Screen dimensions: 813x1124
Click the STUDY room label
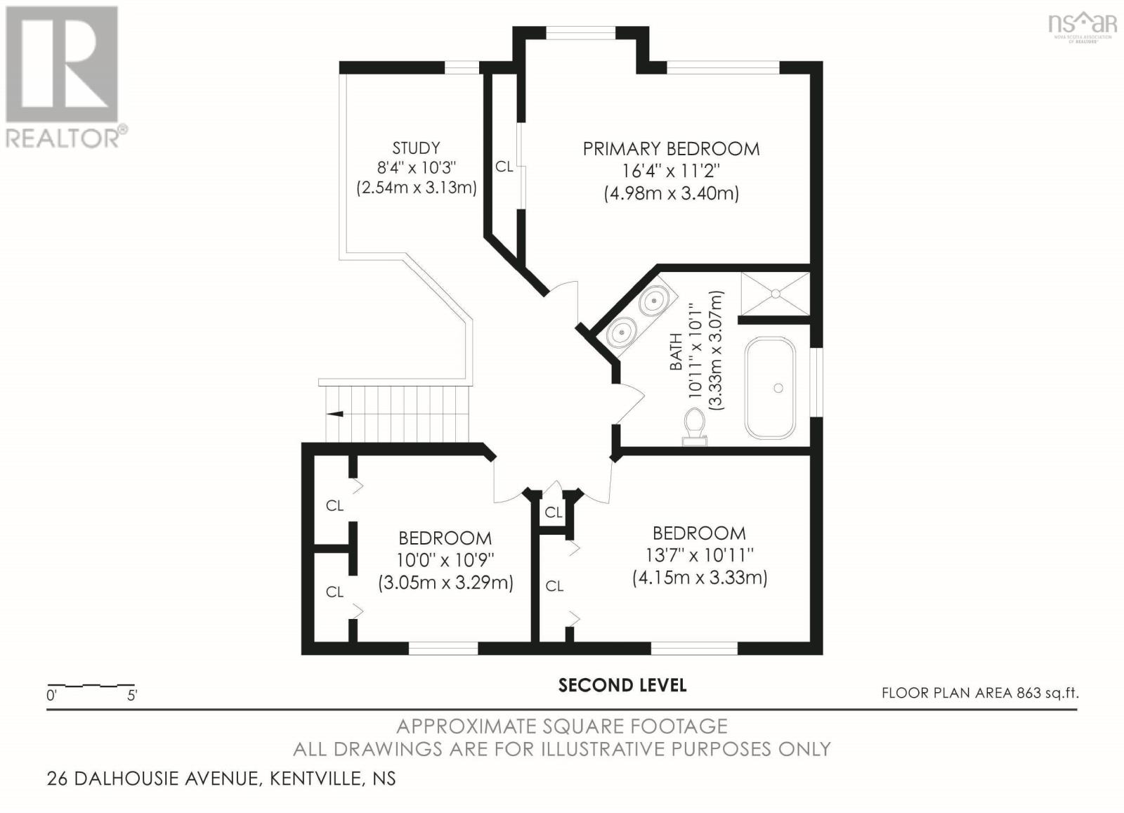[416, 148]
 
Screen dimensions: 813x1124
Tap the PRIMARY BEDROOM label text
[671, 149]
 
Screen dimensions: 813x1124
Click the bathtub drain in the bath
[778, 388]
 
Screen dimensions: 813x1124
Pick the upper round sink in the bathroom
[653, 302]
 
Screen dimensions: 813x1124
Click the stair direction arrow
[336, 414]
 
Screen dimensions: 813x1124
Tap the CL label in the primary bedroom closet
[504, 167]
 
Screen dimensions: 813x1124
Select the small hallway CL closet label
[554, 512]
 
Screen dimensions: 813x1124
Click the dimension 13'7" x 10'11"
[699, 555]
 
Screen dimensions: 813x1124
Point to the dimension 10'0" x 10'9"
[445, 560]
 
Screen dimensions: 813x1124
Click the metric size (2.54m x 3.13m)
[416, 188]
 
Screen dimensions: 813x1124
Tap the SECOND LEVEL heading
[622, 685]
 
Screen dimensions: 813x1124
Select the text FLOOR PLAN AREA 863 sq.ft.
[979, 693]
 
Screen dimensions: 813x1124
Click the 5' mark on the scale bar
[132, 696]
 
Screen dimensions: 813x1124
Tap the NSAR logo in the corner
[1082, 25]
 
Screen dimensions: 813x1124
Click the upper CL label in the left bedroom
[334, 506]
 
